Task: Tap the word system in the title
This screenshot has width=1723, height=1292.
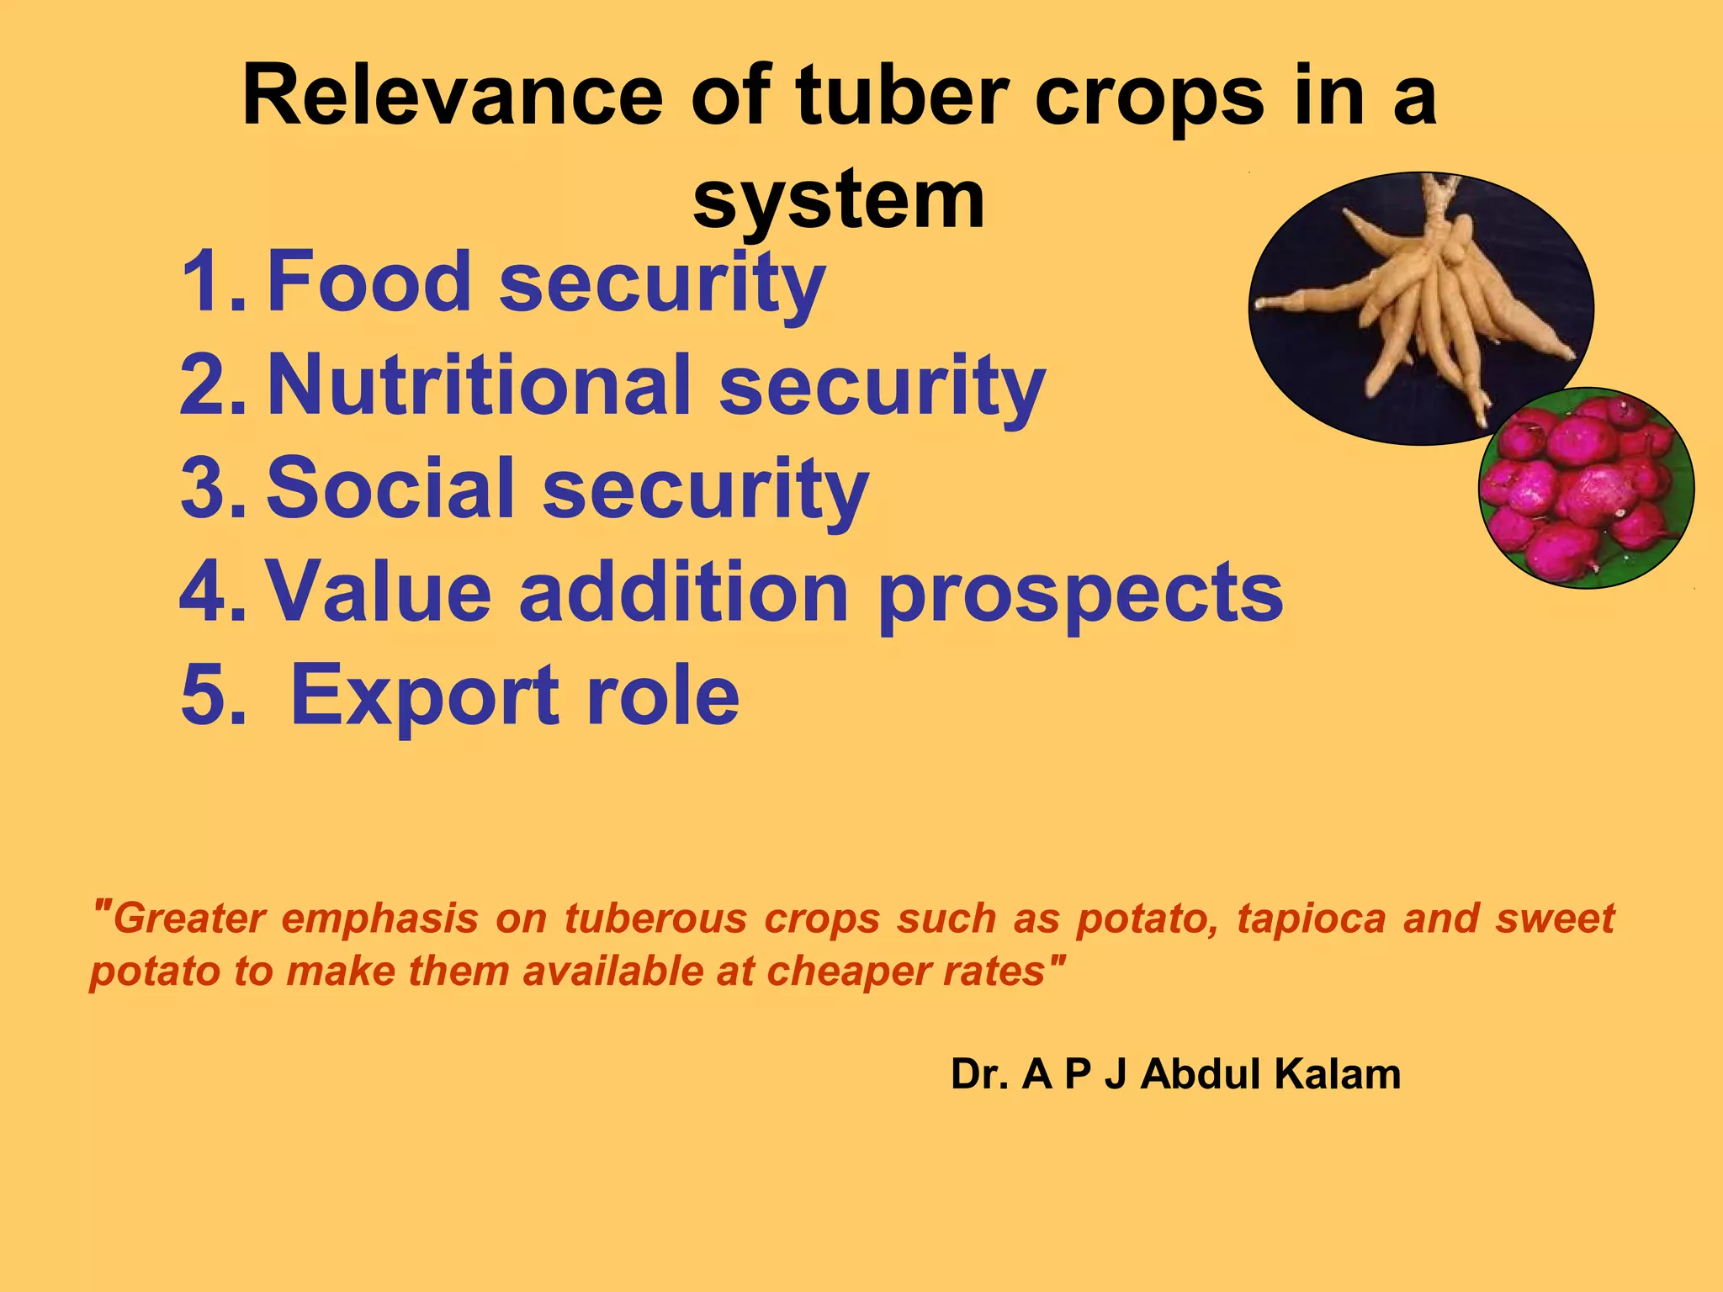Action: tap(838, 200)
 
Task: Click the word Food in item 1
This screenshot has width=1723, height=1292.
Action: tap(368, 282)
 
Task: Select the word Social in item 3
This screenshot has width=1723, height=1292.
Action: tap(390, 489)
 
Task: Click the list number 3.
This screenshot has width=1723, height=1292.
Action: tap(210, 489)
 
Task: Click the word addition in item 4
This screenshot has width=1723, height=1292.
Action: tap(683, 592)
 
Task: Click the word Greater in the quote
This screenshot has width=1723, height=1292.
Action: tap(188, 918)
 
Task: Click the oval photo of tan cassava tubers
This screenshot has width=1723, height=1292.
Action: tap(1420, 308)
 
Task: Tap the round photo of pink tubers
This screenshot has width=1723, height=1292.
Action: tap(1586, 488)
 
